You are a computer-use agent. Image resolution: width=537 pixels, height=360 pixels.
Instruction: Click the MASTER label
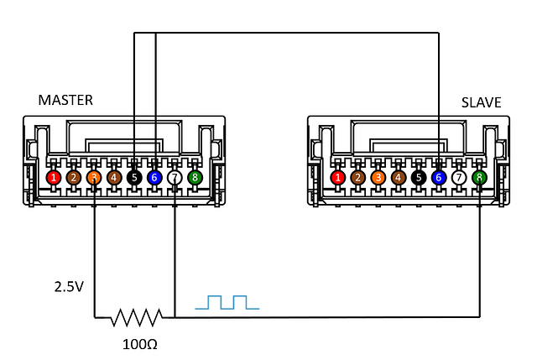coord(65,100)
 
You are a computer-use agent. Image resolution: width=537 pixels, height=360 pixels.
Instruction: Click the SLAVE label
coord(481,102)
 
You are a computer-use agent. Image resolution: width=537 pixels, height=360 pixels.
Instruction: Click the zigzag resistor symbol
coord(136,318)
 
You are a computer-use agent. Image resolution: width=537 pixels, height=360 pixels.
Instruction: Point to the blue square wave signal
coord(227,302)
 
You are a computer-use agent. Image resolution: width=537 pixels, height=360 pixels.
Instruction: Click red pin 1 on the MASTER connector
coord(54,178)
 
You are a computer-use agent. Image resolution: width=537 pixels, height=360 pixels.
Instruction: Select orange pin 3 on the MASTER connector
coord(94,178)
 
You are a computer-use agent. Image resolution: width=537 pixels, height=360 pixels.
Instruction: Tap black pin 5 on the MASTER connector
coord(134,178)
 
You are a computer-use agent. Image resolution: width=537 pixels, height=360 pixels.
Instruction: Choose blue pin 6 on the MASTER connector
coord(154,178)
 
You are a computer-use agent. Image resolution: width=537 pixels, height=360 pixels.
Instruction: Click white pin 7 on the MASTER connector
coord(175,178)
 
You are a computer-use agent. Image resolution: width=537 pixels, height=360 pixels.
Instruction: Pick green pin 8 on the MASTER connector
coord(195,178)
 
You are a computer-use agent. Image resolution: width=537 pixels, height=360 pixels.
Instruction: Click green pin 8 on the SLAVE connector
coord(479,178)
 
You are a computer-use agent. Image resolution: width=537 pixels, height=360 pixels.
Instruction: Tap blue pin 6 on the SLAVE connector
coord(439,178)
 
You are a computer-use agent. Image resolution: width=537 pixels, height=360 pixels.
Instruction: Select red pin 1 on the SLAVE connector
coord(338,178)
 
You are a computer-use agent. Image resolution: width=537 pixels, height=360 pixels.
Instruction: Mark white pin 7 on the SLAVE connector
coord(459,178)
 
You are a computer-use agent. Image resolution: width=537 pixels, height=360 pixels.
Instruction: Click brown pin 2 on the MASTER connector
coord(74,178)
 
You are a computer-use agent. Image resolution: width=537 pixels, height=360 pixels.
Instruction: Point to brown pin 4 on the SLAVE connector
coord(399,178)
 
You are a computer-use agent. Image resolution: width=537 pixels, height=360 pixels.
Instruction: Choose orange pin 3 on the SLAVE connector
coord(378,178)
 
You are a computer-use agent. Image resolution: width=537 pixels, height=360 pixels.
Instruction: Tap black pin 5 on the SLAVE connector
coord(419,178)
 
